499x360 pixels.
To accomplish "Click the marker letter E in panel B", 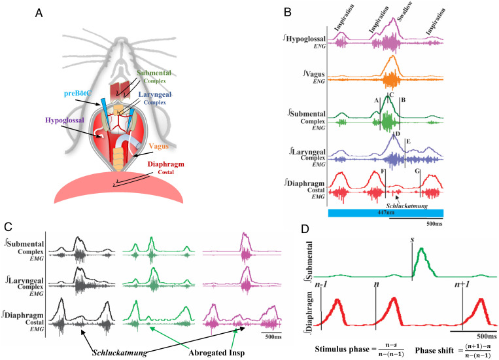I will (408, 141).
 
